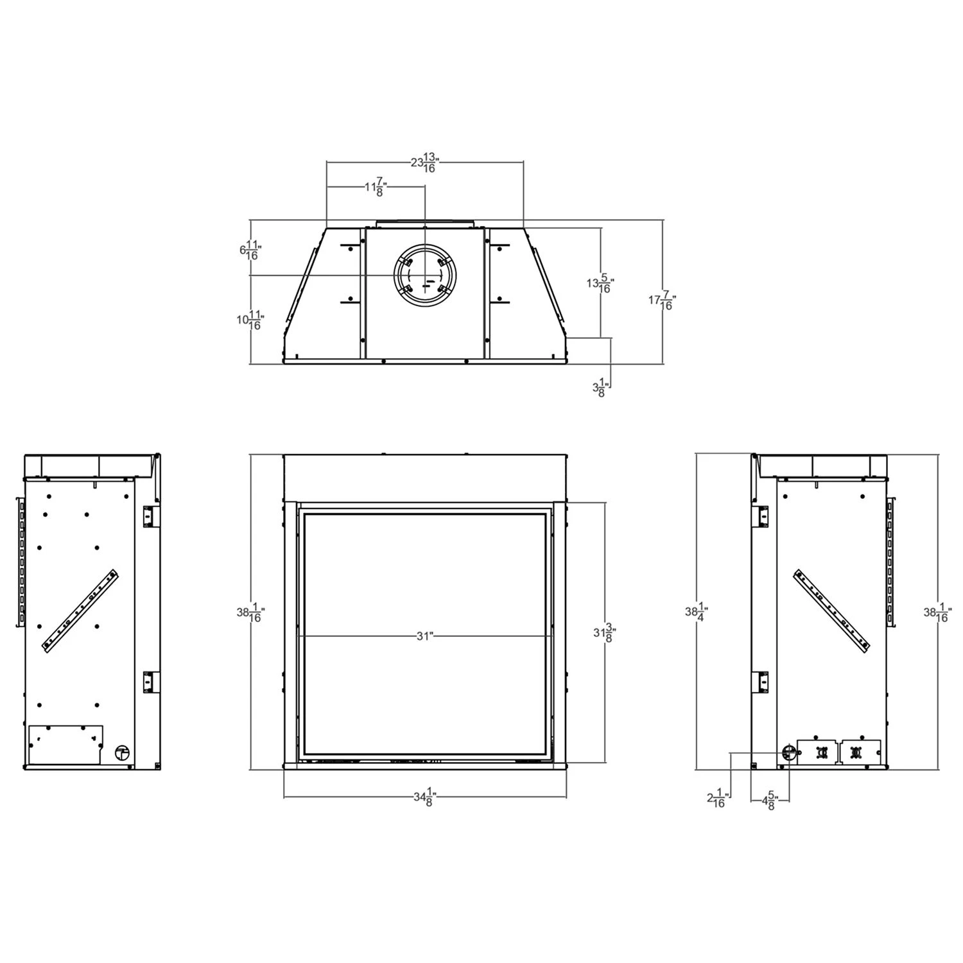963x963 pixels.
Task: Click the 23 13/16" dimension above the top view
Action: point(424,163)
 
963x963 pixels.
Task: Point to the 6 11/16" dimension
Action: point(251,250)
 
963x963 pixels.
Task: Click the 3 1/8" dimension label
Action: point(598,387)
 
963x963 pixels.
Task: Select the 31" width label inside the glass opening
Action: point(424,636)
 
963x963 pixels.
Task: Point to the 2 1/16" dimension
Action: point(716,799)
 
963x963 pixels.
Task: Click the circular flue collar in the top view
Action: point(424,277)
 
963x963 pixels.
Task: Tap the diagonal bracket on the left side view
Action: point(80,612)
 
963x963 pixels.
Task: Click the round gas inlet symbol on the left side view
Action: point(120,753)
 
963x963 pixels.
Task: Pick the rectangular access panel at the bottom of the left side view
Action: point(65,745)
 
